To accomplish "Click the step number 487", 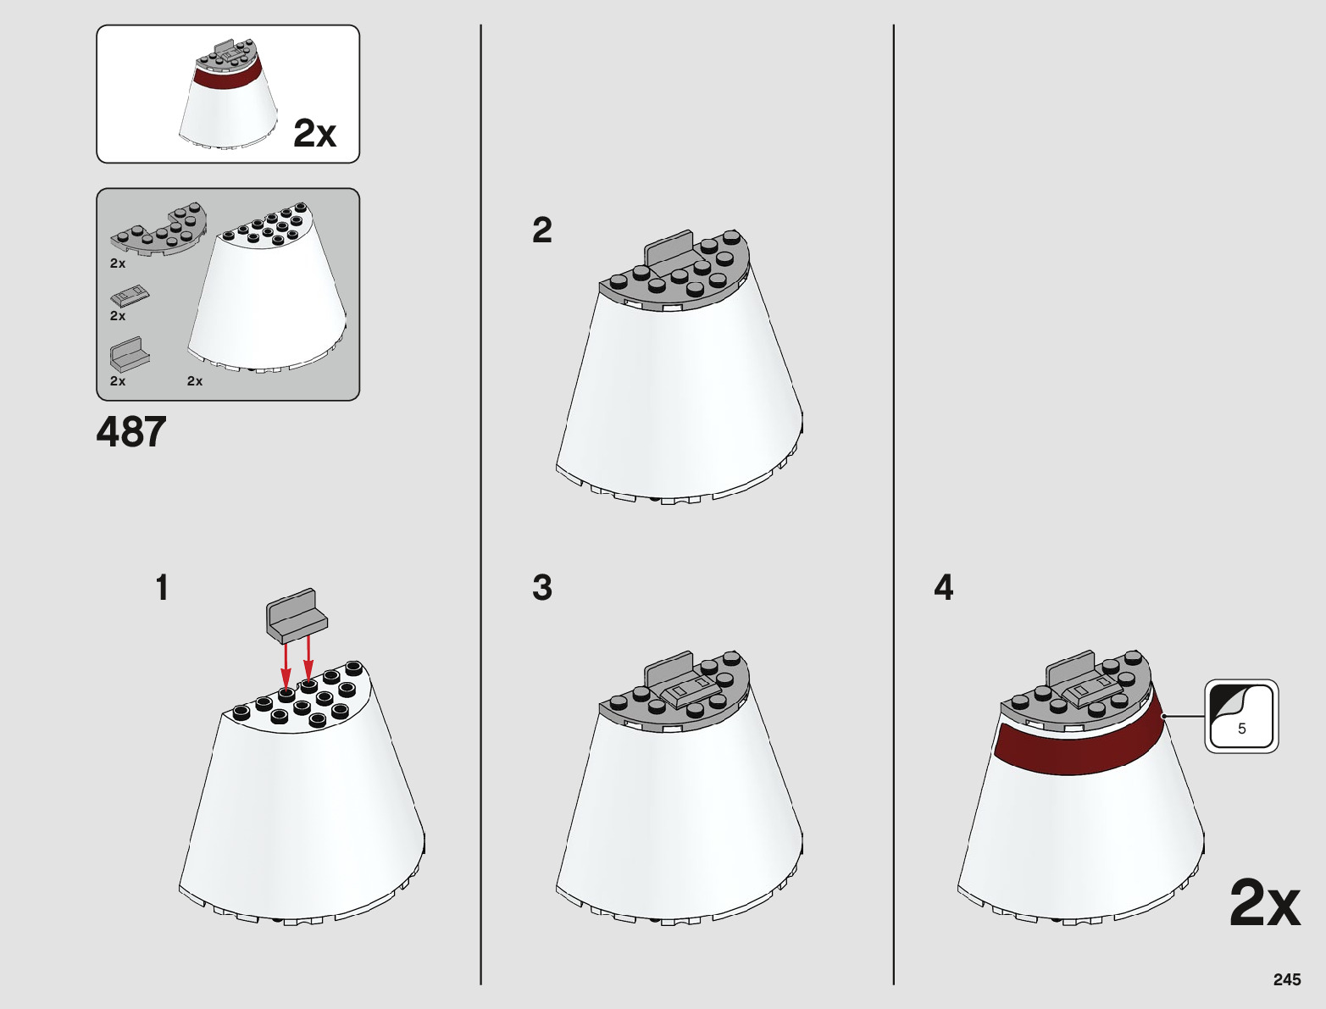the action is point(131,432).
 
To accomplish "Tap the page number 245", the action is point(1287,979).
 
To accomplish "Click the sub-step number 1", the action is point(162,588).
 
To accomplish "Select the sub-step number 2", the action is point(542,230).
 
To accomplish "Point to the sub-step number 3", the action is point(542,588).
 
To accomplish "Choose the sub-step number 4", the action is point(944,588).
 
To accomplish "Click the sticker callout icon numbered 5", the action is point(1241,716).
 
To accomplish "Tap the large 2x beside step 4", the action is point(1265,904).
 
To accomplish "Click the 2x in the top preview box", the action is point(314,134).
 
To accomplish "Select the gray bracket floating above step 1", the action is point(297,615).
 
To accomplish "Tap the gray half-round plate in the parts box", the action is point(159,230).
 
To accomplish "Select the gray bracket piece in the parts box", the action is point(130,354).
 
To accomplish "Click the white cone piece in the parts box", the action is point(268,289).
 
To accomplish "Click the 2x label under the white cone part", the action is point(195,381).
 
